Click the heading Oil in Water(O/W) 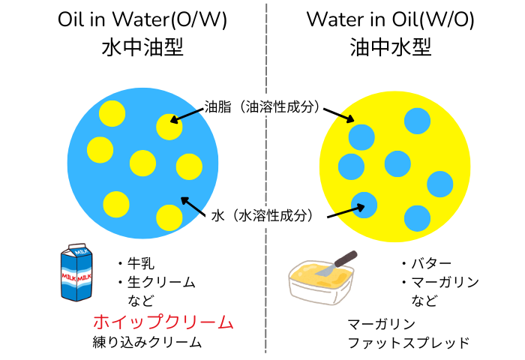pyautogui.click(x=142, y=19)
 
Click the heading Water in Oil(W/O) pyautogui.click(x=391, y=19)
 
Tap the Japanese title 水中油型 pyautogui.click(x=142, y=47)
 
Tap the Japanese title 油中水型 pyautogui.click(x=391, y=47)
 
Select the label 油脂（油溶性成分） pyautogui.click(x=262, y=106)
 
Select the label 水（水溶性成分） pyautogui.click(x=262, y=215)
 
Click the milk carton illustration pyautogui.click(x=76, y=272)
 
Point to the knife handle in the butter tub pyautogui.click(x=346, y=258)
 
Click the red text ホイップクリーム pyautogui.click(x=163, y=322)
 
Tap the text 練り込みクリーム pyautogui.click(x=147, y=342)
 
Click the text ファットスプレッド pyautogui.click(x=409, y=343)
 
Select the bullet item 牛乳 pyautogui.click(x=136, y=263)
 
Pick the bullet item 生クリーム pyautogui.click(x=157, y=282)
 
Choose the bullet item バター pyautogui.click(x=427, y=263)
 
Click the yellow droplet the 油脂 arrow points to pyautogui.click(x=169, y=127)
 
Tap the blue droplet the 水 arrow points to pyautogui.click(x=364, y=205)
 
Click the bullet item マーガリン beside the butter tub pyautogui.click(x=441, y=282)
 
